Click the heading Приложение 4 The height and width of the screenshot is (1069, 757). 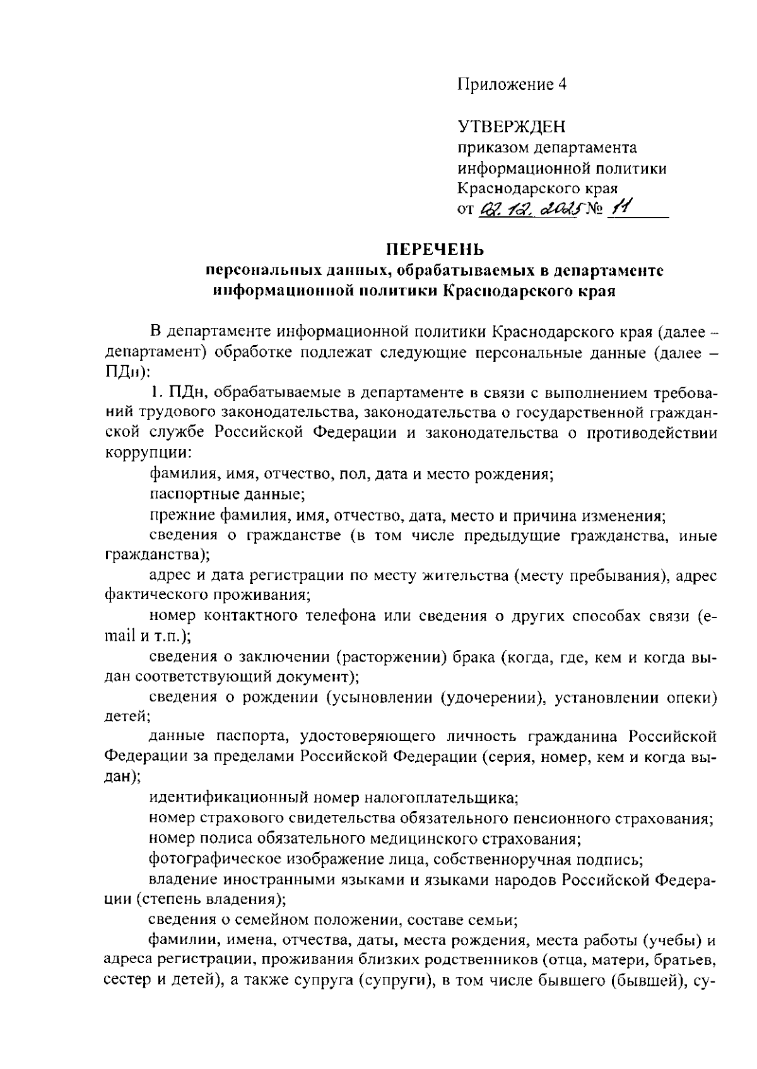[512, 85]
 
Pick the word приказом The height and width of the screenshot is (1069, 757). [493, 148]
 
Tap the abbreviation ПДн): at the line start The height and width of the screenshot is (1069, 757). [127, 372]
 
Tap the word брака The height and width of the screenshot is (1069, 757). [471, 658]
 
